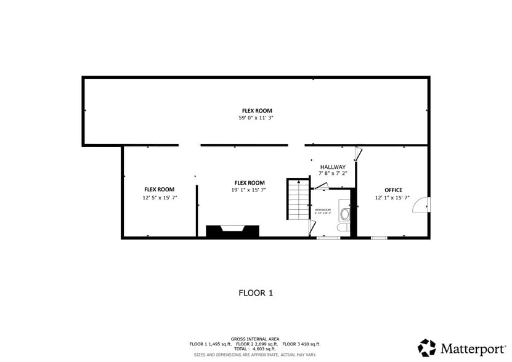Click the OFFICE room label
coord(393,190)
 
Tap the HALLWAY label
coord(333,167)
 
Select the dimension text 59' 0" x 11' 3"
coord(256,118)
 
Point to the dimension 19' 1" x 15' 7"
coord(249,190)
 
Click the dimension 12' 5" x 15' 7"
coord(160,198)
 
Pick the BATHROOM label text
coord(323,210)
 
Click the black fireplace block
coord(232,231)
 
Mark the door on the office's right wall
coord(420,204)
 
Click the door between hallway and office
coord(357,154)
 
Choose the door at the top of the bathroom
coord(322,186)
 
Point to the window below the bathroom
coord(328,238)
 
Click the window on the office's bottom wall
coord(379,238)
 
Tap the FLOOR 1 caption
coord(256,293)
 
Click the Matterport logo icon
coord(427,348)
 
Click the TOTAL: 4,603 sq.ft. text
coord(255,349)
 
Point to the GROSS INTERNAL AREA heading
coord(255,339)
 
